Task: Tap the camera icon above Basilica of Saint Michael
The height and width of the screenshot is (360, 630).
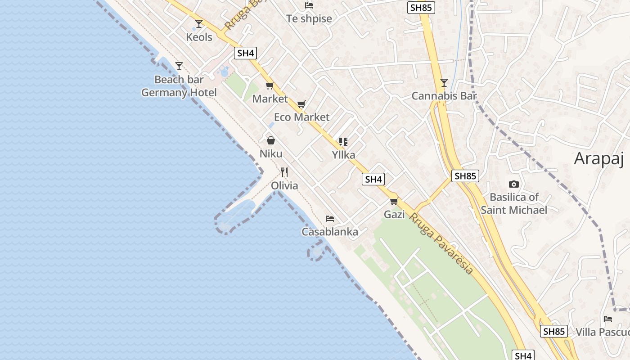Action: click(x=513, y=184)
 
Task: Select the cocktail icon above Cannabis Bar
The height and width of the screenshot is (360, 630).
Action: click(x=444, y=83)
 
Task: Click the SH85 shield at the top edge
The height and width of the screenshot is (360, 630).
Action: click(x=422, y=7)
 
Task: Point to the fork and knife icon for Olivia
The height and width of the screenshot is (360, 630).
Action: click(x=284, y=172)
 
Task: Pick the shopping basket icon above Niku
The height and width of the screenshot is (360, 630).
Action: click(x=271, y=140)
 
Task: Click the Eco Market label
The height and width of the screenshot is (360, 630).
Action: click(x=301, y=117)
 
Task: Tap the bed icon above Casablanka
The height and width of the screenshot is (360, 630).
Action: click(x=330, y=219)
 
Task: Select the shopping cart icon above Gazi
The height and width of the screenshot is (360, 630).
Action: click(x=394, y=201)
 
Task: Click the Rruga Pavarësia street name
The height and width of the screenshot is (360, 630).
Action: click(x=441, y=243)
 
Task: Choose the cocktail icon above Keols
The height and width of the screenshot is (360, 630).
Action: click(x=199, y=23)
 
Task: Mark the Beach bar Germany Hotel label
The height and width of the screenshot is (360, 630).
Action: click(x=179, y=86)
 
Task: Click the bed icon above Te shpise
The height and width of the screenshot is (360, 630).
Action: click(x=309, y=5)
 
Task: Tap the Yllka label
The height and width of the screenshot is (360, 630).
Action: click(x=343, y=155)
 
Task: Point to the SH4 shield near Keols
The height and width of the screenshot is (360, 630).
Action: click(x=246, y=53)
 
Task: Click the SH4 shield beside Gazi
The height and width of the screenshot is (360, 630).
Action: click(x=373, y=179)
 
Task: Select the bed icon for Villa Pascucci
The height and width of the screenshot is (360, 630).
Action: click(x=608, y=319)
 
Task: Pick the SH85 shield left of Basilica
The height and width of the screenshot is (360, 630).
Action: click(x=465, y=176)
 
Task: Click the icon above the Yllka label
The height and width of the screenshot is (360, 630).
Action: click(x=343, y=142)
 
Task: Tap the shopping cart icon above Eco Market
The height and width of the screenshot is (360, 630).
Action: click(x=301, y=104)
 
